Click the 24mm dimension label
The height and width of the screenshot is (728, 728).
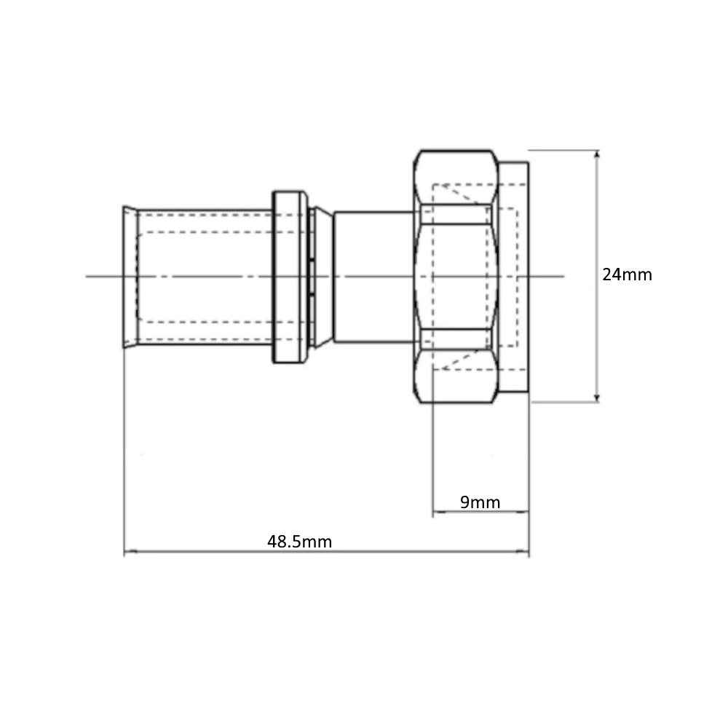(627, 274)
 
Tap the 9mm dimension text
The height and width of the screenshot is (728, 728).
(480, 502)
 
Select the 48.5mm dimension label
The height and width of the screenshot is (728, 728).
(299, 542)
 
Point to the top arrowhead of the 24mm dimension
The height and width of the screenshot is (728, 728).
(597, 154)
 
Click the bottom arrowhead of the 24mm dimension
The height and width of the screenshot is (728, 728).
(597, 397)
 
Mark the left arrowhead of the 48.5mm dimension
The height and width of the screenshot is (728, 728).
(130, 552)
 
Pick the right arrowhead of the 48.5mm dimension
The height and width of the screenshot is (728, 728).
(523, 552)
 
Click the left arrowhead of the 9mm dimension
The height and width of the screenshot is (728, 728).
(438, 512)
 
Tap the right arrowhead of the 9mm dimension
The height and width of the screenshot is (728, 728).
(523, 512)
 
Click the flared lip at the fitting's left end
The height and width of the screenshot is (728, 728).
(130, 277)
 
